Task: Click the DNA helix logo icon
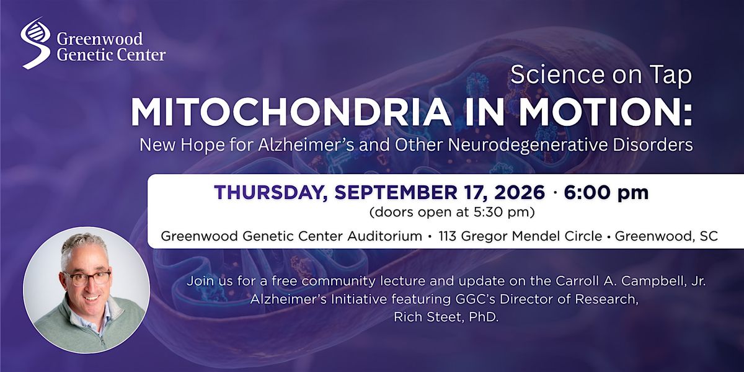click(x=35, y=43)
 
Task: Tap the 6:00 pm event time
click(x=606, y=193)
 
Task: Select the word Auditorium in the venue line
click(x=384, y=236)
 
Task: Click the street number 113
click(x=448, y=236)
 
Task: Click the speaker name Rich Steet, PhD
click(x=446, y=317)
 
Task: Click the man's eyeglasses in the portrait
click(x=87, y=278)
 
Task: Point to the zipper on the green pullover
click(x=103, y=336)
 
